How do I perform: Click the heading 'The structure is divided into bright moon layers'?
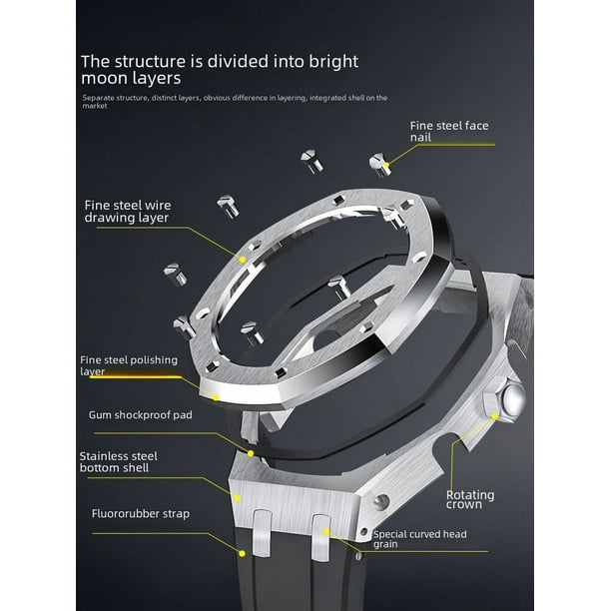pos(220,70)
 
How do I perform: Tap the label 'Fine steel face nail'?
pos(449,132)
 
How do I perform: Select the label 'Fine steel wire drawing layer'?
pos(128,212)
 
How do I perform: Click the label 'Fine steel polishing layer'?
pos(129,365)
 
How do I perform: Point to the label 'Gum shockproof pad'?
pos(141,415)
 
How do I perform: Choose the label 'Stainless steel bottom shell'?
pos(119,462)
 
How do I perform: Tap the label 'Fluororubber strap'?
pos(141,513)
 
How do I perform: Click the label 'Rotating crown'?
pos(470,499)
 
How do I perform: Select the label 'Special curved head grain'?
pos(419,539)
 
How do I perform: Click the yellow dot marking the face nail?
pos(386,165)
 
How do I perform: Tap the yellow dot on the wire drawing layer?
pos(243,260)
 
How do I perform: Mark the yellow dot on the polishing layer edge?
pos(216,397)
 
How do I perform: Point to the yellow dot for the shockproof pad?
pos(251,453)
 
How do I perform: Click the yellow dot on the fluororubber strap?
pos(242,553)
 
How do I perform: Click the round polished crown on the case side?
pos(513,400)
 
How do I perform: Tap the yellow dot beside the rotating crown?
pos(495,415)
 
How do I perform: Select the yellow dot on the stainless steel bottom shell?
pos(237,497)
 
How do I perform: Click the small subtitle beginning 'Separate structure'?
pos(235,101)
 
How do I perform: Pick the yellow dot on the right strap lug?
pos(326,531)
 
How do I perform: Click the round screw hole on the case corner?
pos(380,501)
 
